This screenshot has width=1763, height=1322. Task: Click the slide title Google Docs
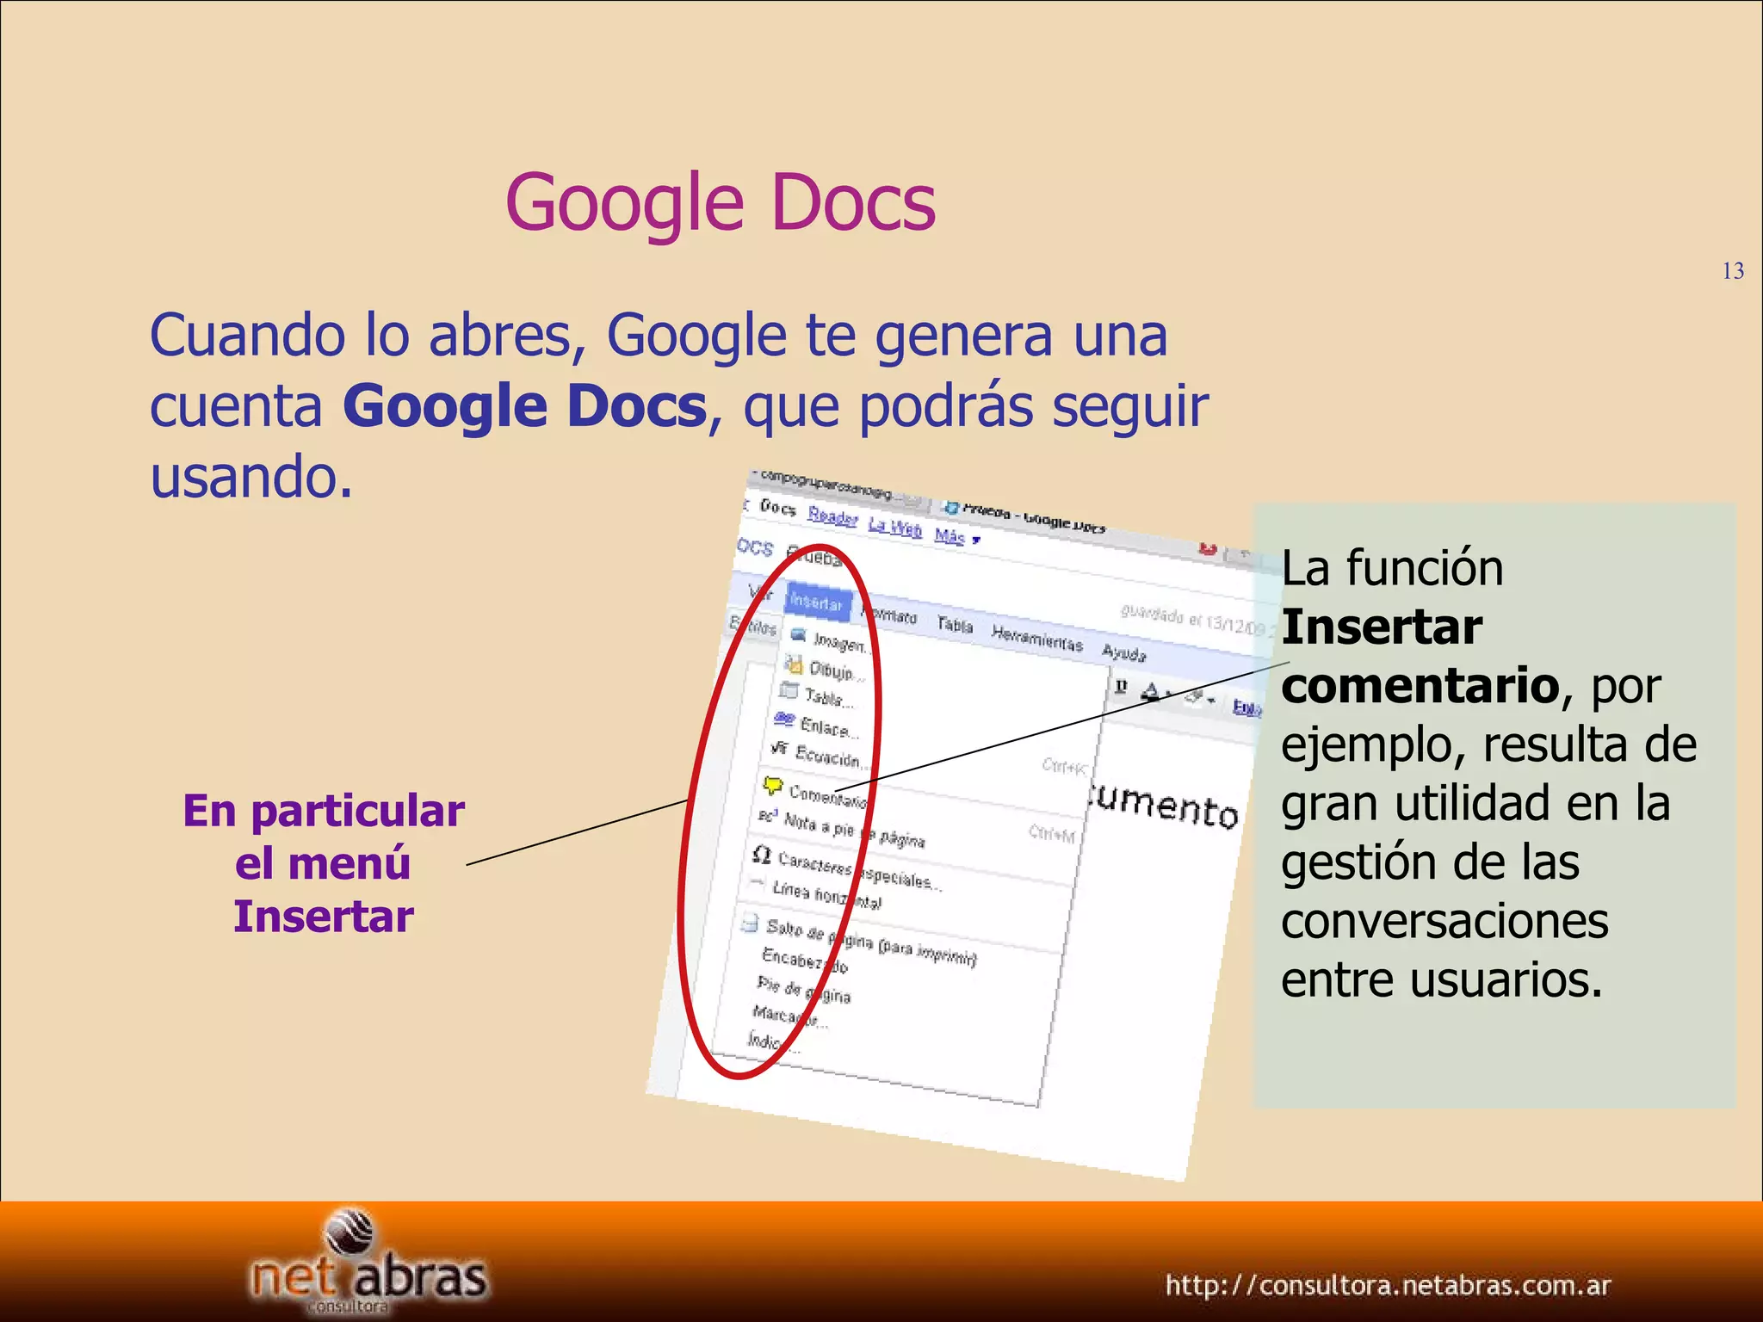point(720,203)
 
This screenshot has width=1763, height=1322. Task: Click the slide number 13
point(1733,272)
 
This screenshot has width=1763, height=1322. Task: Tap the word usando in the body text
point(251,476)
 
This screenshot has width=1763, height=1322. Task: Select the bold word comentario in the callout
point(1420,686)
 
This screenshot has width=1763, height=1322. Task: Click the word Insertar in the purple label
point(324,917)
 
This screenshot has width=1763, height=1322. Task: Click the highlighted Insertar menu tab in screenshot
point(816,602)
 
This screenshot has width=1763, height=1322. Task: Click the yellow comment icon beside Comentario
point(772,785)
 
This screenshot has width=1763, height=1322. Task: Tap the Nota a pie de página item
point(852,831)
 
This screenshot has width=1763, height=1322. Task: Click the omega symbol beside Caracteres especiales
point(761,855)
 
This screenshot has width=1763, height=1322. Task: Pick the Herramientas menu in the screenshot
point(1036,638)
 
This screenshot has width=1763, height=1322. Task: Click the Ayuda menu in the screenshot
point(1124,653)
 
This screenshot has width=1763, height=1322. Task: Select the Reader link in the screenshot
point(832,516)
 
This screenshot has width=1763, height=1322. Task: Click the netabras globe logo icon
point(350,1233)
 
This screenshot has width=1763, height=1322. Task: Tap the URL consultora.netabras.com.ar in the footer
point(1388,1286)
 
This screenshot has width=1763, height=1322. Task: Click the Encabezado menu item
point(804,961)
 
